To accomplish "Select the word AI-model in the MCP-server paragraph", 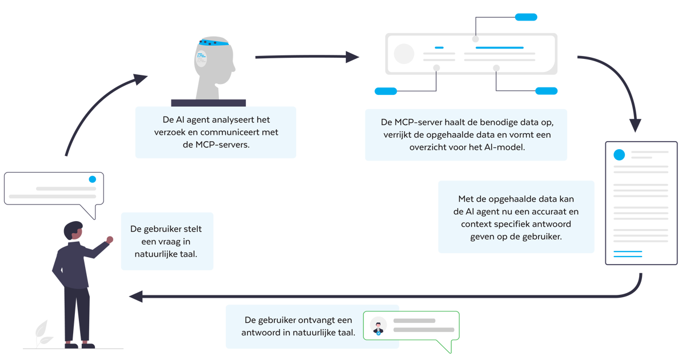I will pos(504,146).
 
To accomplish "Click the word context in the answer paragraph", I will pos(480,224).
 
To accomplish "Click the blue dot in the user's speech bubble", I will pos(93,179).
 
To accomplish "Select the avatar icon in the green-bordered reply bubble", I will pos(378,326).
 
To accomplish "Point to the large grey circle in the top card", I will pos(404,54).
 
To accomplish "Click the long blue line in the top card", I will pos(499,47).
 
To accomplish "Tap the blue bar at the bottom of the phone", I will pos(644,257).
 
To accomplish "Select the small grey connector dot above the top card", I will pos(475,39).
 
